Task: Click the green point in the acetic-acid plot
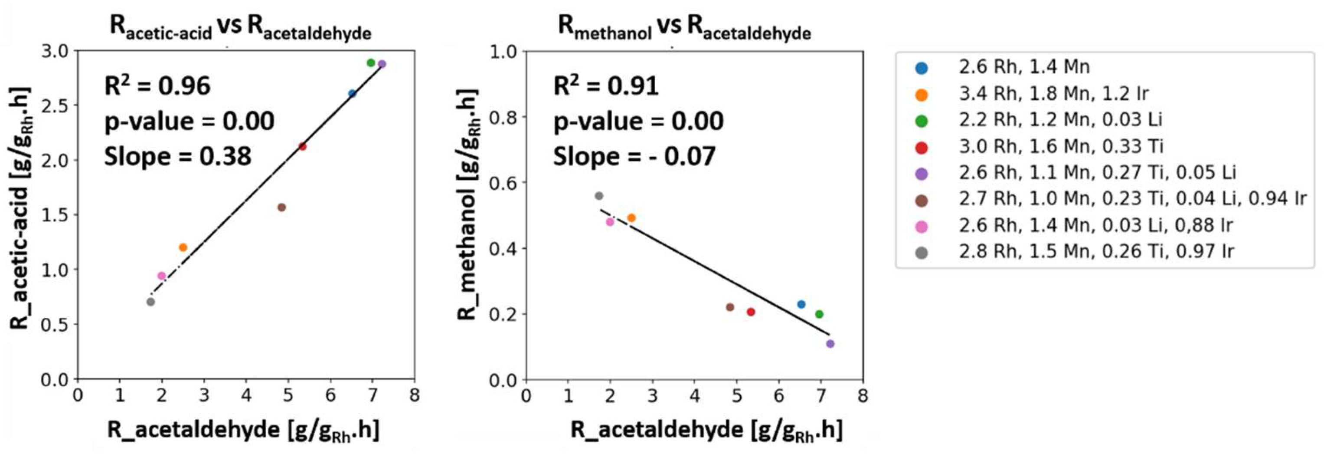click(371, 63)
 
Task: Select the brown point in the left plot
click(281, 207)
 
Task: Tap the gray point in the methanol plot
click(599, 196)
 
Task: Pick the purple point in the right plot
click(830, 343)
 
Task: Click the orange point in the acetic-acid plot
click(183, 247)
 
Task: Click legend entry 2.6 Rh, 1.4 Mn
click(1024, 67)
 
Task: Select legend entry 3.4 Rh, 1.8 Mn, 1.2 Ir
click(1053, 94)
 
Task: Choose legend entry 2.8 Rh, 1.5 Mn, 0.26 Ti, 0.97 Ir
click(1096, 252)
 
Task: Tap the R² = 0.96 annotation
click(157, 86)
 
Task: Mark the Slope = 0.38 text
click(178, 156)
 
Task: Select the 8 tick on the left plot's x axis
click(414, 395)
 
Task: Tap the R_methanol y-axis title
click(468, 204)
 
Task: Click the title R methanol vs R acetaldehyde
click(684, 27)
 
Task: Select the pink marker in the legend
click(922, 226)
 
